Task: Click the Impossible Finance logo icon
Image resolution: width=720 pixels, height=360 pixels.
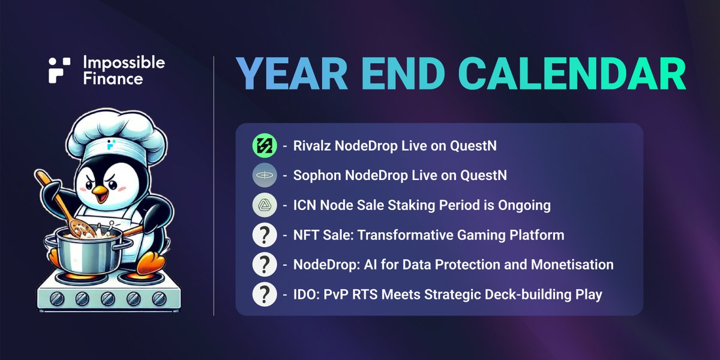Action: coord(60,70)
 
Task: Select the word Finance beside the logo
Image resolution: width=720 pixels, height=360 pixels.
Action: coord(114,79)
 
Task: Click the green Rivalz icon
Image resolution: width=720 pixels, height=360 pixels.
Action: coord(265,146)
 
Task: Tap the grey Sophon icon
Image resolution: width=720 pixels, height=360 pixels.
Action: coord(265,176)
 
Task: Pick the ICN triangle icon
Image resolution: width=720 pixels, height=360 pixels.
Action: coord(265,205)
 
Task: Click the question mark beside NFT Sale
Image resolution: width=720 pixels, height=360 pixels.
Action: coord(265,235)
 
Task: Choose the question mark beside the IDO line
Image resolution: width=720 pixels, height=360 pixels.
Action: coord(265,294)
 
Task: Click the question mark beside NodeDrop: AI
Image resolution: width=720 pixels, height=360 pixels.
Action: coord(265,265)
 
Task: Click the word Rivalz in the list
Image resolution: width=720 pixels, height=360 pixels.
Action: coord(313,146)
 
